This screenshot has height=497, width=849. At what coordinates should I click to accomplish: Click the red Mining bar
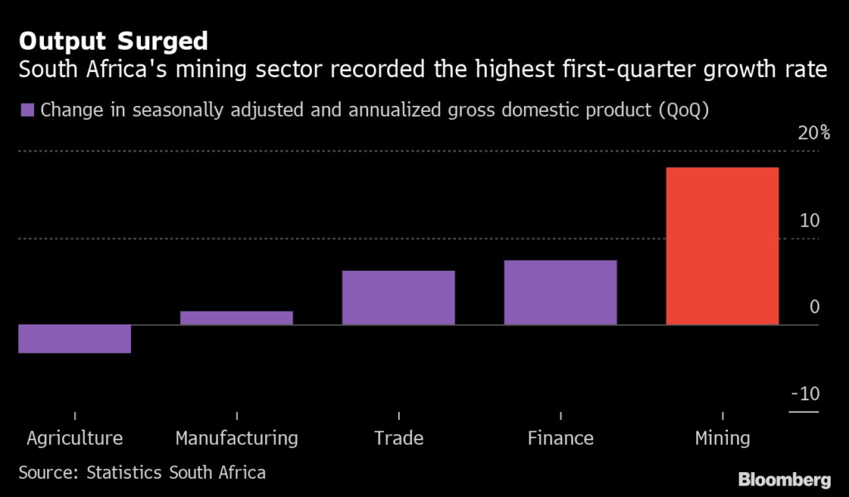pyautogui.click(x=722, y=245)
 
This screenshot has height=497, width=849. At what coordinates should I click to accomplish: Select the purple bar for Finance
pyautogui.click(x=560, y=292)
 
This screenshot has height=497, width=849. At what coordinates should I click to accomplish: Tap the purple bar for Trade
pyautogui.click(x=398, y=297)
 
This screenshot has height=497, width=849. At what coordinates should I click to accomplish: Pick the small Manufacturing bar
pyautogui.click(x=236, y=317)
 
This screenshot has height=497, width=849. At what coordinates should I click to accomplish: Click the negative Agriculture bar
pyautogui.click(x=75, y=339)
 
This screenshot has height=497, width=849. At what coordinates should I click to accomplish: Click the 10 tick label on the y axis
pyautogui.click(x=809, y=221)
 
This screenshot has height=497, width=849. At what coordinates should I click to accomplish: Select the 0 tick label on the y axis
pyautogui.click(x=814, y=307)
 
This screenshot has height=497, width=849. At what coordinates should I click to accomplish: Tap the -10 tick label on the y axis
pyautogui.click(x=804, y=393)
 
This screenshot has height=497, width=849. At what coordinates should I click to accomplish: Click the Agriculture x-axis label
pyautogui.click(x=75, y=438)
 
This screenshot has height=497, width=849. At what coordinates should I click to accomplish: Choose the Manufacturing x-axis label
pyautogui.click(x=236, y=438)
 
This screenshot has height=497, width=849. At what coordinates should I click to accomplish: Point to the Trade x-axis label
pyautogui.click(x=398, y=438)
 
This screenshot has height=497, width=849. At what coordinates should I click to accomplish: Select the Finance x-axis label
pyautogui.click(x=560, y=438)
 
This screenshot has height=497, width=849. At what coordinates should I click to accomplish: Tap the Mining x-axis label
pyautogui.click(x=722, y=438)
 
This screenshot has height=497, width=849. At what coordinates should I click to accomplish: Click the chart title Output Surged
pyautogui.click(x=114, y=41)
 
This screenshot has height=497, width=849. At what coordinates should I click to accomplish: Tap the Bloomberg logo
pyautogui.click(x=784, y=480)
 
